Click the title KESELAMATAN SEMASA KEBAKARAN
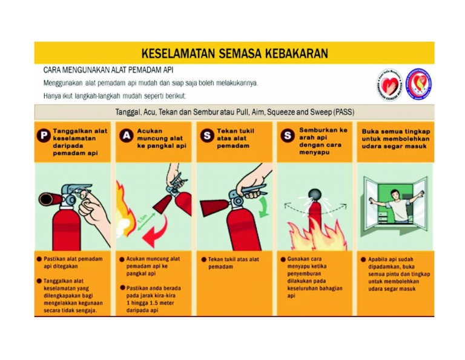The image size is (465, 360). (234, 53)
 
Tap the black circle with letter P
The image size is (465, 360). (44, 136)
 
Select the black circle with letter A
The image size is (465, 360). (126, 136)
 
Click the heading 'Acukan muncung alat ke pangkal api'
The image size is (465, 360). (160, 138)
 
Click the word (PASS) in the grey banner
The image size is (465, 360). (341, 113)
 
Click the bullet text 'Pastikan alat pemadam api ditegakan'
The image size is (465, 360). (72, 262)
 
